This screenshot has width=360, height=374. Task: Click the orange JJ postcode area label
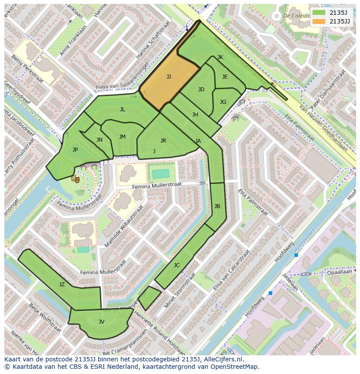(169, 77)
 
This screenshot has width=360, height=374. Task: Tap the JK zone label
(220, 57)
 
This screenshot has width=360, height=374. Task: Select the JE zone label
(225, 77)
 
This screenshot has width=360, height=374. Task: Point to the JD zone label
(201, 89)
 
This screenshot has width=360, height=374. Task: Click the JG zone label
(223, 102)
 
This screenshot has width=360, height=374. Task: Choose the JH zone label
(195, 115)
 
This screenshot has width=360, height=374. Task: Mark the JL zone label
(123, 109)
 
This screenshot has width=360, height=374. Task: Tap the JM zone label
(122, 137)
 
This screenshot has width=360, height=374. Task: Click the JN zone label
(100, 140)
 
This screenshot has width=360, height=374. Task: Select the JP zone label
(75, 150)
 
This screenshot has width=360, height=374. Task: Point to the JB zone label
(217, 206)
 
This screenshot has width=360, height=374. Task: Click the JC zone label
(177, 265)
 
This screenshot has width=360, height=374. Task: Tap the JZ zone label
(62, 285)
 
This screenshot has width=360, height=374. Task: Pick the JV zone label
(101, 322)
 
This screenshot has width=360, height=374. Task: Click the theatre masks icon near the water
(76, 178)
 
